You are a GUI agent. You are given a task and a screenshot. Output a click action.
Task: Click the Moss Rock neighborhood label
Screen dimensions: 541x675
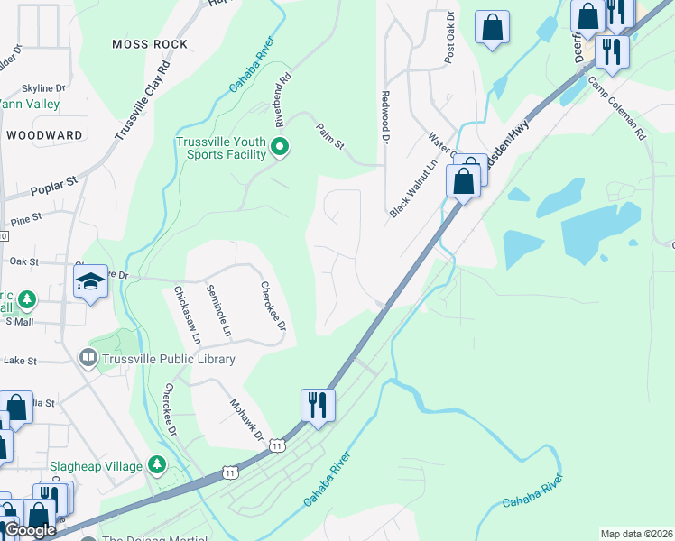[150, 44]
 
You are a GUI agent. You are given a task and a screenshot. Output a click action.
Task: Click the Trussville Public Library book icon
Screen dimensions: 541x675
[88, 359]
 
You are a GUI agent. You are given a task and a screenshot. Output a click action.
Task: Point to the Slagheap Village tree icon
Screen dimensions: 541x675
[158, 465]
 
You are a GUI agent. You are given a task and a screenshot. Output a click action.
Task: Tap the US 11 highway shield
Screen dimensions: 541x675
[277, 446]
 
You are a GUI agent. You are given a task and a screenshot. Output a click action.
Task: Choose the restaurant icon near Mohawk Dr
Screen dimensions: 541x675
[318, 405]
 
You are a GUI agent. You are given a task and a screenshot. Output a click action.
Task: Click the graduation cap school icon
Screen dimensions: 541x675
[89, 284]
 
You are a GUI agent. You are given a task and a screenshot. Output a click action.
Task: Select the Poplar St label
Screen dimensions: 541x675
[54, 186]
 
